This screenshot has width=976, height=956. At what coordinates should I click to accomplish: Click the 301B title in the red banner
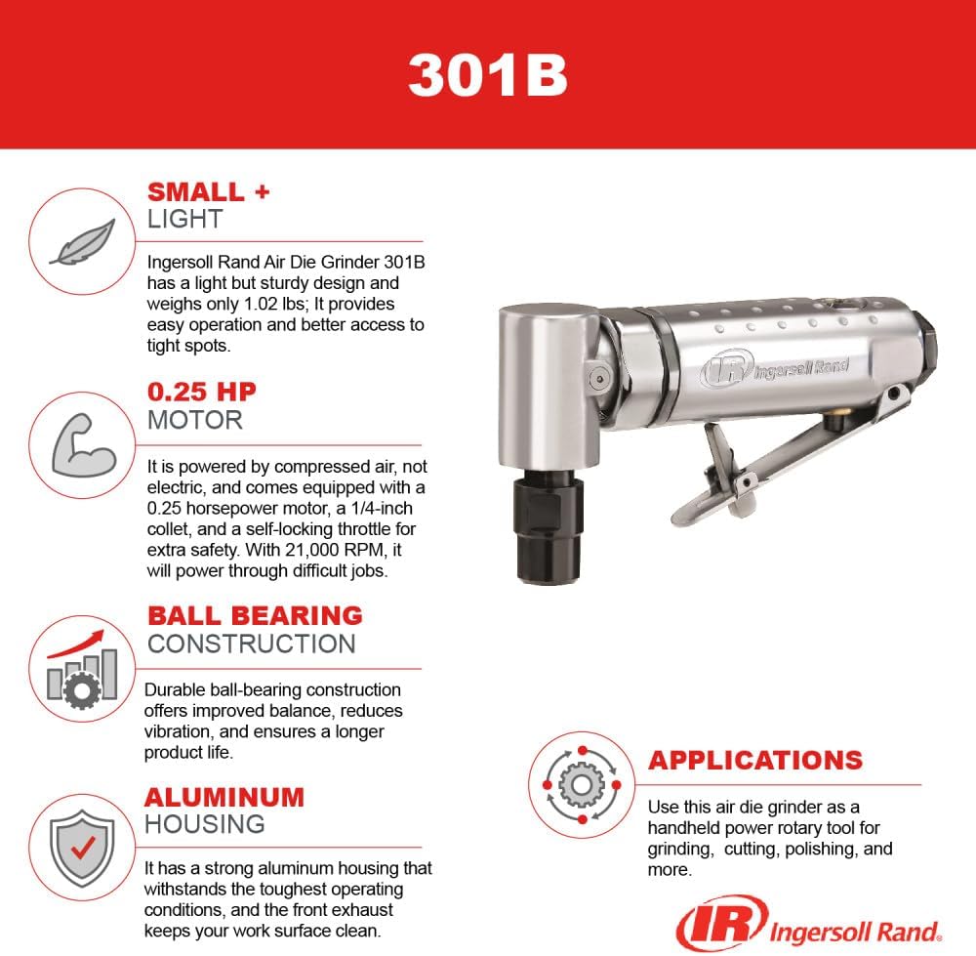tap(487, 74)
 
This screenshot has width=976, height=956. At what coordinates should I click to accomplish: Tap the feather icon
tap(82, 241)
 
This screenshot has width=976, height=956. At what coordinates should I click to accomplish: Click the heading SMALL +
tap(208, 191)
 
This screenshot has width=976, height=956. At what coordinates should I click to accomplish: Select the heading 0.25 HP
tap(202, 393)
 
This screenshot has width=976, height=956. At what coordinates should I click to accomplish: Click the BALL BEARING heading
tap(255, 615)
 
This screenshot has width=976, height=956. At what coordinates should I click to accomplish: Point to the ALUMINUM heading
tap(224, 796)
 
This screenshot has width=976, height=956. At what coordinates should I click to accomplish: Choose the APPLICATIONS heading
tap(755, 760)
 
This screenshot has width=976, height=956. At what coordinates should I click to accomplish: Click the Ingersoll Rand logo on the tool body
tap(774, 369)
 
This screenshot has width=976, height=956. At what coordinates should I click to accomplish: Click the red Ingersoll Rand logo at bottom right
tap(809, 925)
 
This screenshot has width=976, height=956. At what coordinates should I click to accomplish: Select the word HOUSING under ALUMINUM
tap(204, 824)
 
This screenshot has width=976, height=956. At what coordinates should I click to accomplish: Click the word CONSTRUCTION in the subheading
tap(251, 644)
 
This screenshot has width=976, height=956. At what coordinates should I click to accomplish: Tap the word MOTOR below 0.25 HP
tap(194, 421)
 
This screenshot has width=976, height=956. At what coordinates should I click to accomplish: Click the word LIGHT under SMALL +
tap(184, 220)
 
